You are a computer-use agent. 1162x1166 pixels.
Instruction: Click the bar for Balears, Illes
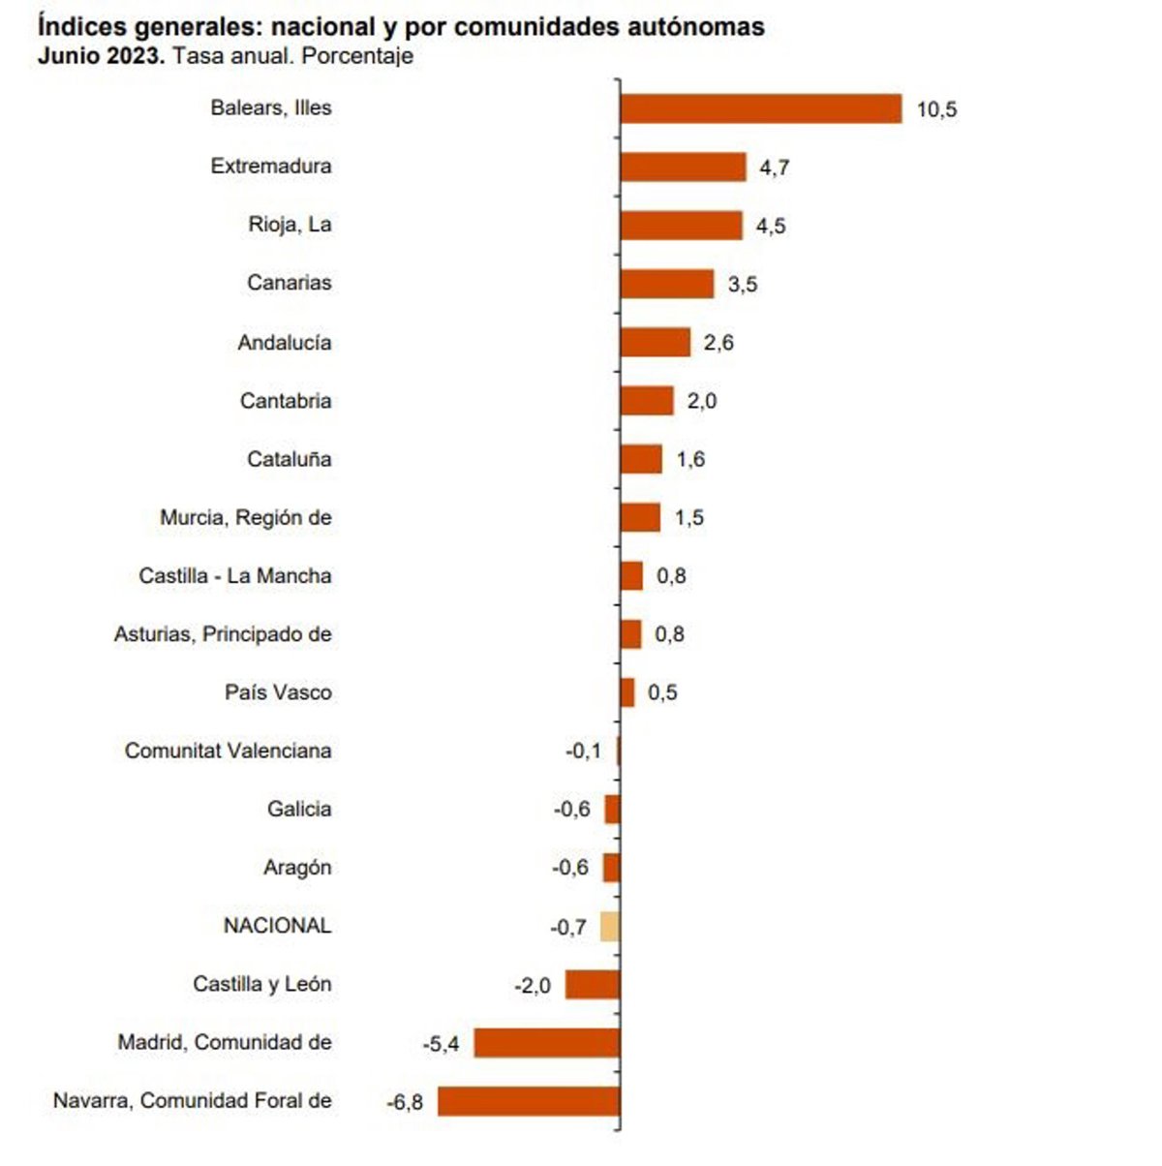(x=761, y=108)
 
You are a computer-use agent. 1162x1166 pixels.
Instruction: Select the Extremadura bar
(x=683, y=167)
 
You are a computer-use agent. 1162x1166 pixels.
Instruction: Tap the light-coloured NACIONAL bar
(x=610, y=927)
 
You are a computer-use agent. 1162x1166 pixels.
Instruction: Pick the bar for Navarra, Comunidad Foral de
(x=529, y=1101)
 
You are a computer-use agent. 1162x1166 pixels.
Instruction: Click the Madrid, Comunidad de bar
(x=546, y=1043)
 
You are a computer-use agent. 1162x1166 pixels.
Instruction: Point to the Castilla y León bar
(x=593, y=985)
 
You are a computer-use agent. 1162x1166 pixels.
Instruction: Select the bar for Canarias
(x=667, y=284)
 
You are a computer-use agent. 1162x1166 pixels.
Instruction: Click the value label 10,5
(x=936, y=109)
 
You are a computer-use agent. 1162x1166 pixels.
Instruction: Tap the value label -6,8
(x=405, y=1102)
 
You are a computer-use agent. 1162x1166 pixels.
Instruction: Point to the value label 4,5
(x=771, y=227)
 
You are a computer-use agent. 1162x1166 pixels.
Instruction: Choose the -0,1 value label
(x=583, y=751)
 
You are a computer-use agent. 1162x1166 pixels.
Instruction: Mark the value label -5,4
(x=441, y=1044)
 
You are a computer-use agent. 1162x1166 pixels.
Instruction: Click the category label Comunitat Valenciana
(x=229, y=751)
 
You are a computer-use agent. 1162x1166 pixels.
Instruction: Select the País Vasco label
(x=278, y=692)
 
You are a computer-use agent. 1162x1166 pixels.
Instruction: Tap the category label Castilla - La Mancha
(x=235, y=576)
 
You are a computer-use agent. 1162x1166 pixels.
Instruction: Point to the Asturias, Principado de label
(x=223, y=634)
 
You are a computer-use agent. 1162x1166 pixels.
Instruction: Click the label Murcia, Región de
(x=246, y=518)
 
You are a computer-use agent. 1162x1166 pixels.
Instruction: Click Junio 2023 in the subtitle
(x=101, y=56)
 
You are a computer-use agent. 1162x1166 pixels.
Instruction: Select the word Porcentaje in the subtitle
(x=357, y=56)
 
